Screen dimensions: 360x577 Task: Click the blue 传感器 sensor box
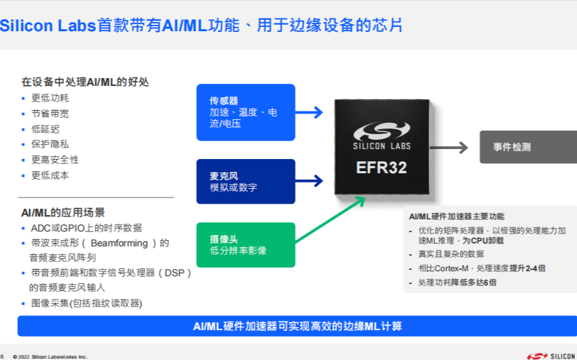point(245,112)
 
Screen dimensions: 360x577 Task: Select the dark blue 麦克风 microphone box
point(245,181)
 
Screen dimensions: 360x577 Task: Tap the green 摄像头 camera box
point(245,244)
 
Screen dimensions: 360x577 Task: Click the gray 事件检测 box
point(527,147)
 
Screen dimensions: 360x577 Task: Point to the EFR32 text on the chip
point(382,168)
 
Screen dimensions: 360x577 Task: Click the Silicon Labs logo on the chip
point(382,135)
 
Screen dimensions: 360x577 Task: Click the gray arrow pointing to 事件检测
point(449,147)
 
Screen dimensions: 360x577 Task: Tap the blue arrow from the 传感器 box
point(308,112)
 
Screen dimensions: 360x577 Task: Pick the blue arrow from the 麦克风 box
point(308,181)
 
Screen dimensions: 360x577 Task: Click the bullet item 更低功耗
point(50,98)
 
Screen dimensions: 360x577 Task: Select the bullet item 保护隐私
point(50,144)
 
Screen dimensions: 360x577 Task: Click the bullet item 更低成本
point(50,175)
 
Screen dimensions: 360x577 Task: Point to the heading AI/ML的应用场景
point(63,212)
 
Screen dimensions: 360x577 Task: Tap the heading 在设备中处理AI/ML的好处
point(85,82)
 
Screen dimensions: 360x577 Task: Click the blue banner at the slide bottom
point(297,326)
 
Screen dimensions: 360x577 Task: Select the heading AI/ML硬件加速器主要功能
point(457,216)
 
